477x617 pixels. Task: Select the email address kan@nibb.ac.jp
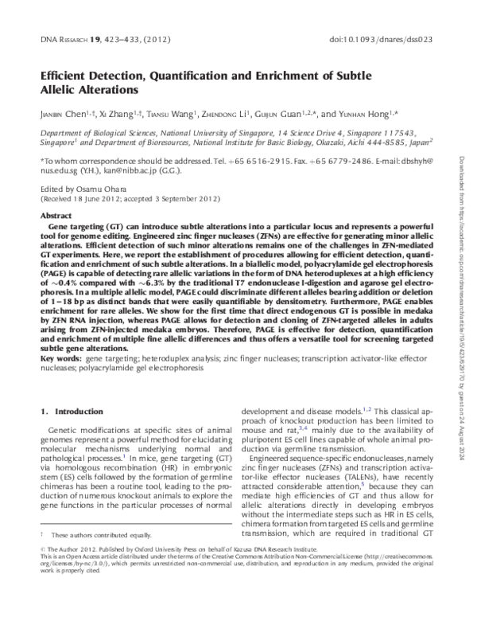click(142, 170)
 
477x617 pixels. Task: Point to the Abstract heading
click(56, 216)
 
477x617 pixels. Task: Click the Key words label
click(59, 359)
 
